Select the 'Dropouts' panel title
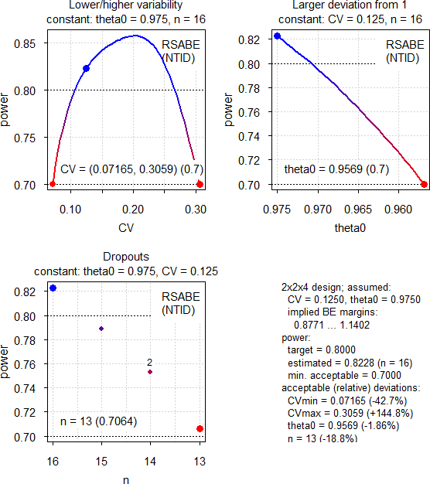click(x=126, y=257)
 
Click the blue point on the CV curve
click(x=87, y=69)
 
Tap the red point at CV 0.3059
click(x=200, y=184)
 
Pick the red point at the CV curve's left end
click(x=53, y=184)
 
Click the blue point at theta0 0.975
click(x=277, y=36)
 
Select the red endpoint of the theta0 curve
click(x=424, y=184)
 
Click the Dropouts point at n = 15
click(x=101, y=329)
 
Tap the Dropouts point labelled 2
click(x=150, y=372)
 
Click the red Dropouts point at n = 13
click(x=200, y=428)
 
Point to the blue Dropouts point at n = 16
click(x=53, y=288)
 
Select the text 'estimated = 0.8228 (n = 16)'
click(x=346, y=362)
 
